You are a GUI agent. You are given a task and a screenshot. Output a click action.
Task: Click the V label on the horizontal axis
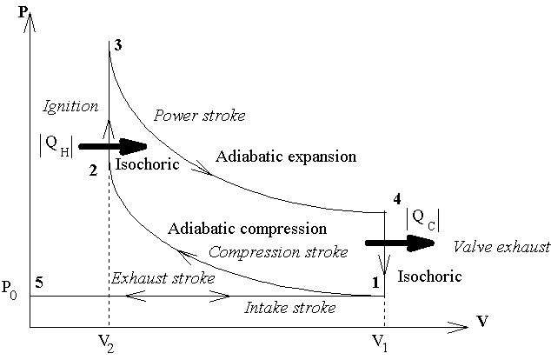click(x=481, y=322)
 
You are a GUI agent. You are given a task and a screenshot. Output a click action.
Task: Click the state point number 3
click(x=117, y=45)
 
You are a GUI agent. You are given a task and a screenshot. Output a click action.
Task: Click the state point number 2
click(x=92, y=170)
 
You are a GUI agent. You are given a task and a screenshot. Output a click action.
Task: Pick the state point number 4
click(x=396, y=199)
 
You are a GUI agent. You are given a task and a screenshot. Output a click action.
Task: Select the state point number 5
click(x=40, y=282)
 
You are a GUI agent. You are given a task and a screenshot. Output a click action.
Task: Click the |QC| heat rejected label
click(x=422, y=220)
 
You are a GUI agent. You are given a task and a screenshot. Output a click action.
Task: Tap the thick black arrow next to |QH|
click(x=112, y=146)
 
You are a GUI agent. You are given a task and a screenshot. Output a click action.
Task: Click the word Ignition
click(x=70, y=106)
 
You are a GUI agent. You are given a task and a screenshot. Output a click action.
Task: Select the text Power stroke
click(x=199, y=115)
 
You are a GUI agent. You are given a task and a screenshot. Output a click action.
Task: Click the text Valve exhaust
click(x=501, y=247)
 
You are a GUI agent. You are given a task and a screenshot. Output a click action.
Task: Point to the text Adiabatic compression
click(x=247, y=229)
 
